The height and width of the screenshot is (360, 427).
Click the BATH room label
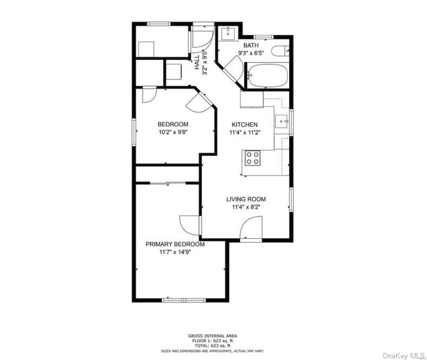click(x=251, y=45)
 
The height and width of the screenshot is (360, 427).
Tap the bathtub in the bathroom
click(x=268, y=75)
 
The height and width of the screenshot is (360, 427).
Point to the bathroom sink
click(x=228, y=34)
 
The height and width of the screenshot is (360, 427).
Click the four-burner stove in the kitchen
click(x=252, y=158)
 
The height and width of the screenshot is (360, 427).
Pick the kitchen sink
click(x=282, y=121)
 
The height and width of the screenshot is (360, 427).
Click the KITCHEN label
click(x=244, y=125)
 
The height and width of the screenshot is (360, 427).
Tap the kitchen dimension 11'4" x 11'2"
click(x=244, y=133)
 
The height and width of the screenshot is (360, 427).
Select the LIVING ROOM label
click(x=246, y=199)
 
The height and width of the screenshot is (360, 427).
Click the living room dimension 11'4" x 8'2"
click(x=246, y=207)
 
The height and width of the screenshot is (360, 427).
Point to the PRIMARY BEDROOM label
click(x=175, y=244)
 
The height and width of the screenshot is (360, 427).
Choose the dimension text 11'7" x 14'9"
click(x=175, y=252)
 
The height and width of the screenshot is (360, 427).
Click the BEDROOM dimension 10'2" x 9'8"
click(x=173, y=132)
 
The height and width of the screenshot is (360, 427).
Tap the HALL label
click(x=197, y=62)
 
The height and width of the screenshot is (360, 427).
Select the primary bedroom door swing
click(x=190, y=225)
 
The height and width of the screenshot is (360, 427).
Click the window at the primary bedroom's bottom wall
click(x=184, y=300)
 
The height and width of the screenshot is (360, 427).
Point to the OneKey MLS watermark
click(x=403, y=356)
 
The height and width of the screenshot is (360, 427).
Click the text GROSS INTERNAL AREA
click(x=212, y=336)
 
